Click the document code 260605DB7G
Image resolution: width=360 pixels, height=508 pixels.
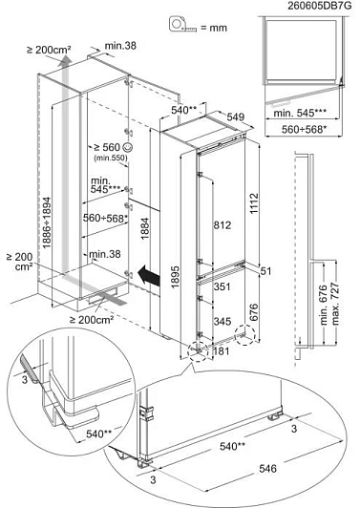tap(319, 6)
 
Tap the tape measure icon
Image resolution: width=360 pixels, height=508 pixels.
tap(182, 24)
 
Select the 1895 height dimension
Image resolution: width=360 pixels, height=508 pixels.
tap(175, 277)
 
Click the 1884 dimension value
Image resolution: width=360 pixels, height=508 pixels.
tap(144, 228)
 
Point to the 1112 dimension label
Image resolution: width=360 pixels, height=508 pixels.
tap(254, 203)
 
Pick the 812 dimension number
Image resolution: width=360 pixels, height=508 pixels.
tap(222, 224)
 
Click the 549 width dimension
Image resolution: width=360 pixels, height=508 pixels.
tap(236, 116)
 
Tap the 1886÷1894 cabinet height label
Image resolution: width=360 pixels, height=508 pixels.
tap(47, 222)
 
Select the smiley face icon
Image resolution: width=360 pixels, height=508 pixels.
tap(128, 147)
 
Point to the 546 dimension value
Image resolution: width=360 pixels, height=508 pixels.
tap(267, 469)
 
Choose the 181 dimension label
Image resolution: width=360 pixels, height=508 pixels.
tap(222, 350)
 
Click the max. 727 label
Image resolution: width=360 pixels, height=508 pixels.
tap(336, 304)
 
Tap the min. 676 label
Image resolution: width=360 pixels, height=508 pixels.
tap(323, 305)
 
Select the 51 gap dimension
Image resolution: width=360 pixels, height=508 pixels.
tap(265, 271)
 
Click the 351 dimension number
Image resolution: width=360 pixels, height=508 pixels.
tap(222, 286)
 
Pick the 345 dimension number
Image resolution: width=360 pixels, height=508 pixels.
tap(222, 322)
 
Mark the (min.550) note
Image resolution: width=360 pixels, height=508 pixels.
tap(111, 159)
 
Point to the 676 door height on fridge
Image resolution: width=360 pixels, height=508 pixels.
tap(254, 312)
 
